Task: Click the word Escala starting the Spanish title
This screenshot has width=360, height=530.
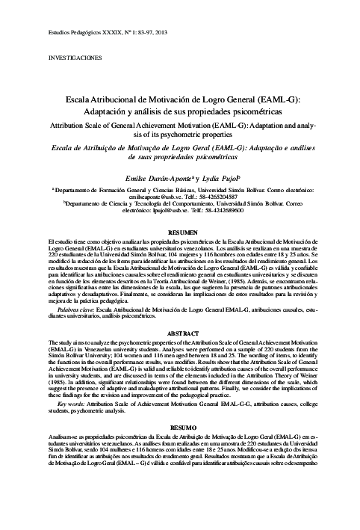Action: (x=81, y=99)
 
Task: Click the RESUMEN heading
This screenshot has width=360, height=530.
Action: (x=183, y=232)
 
